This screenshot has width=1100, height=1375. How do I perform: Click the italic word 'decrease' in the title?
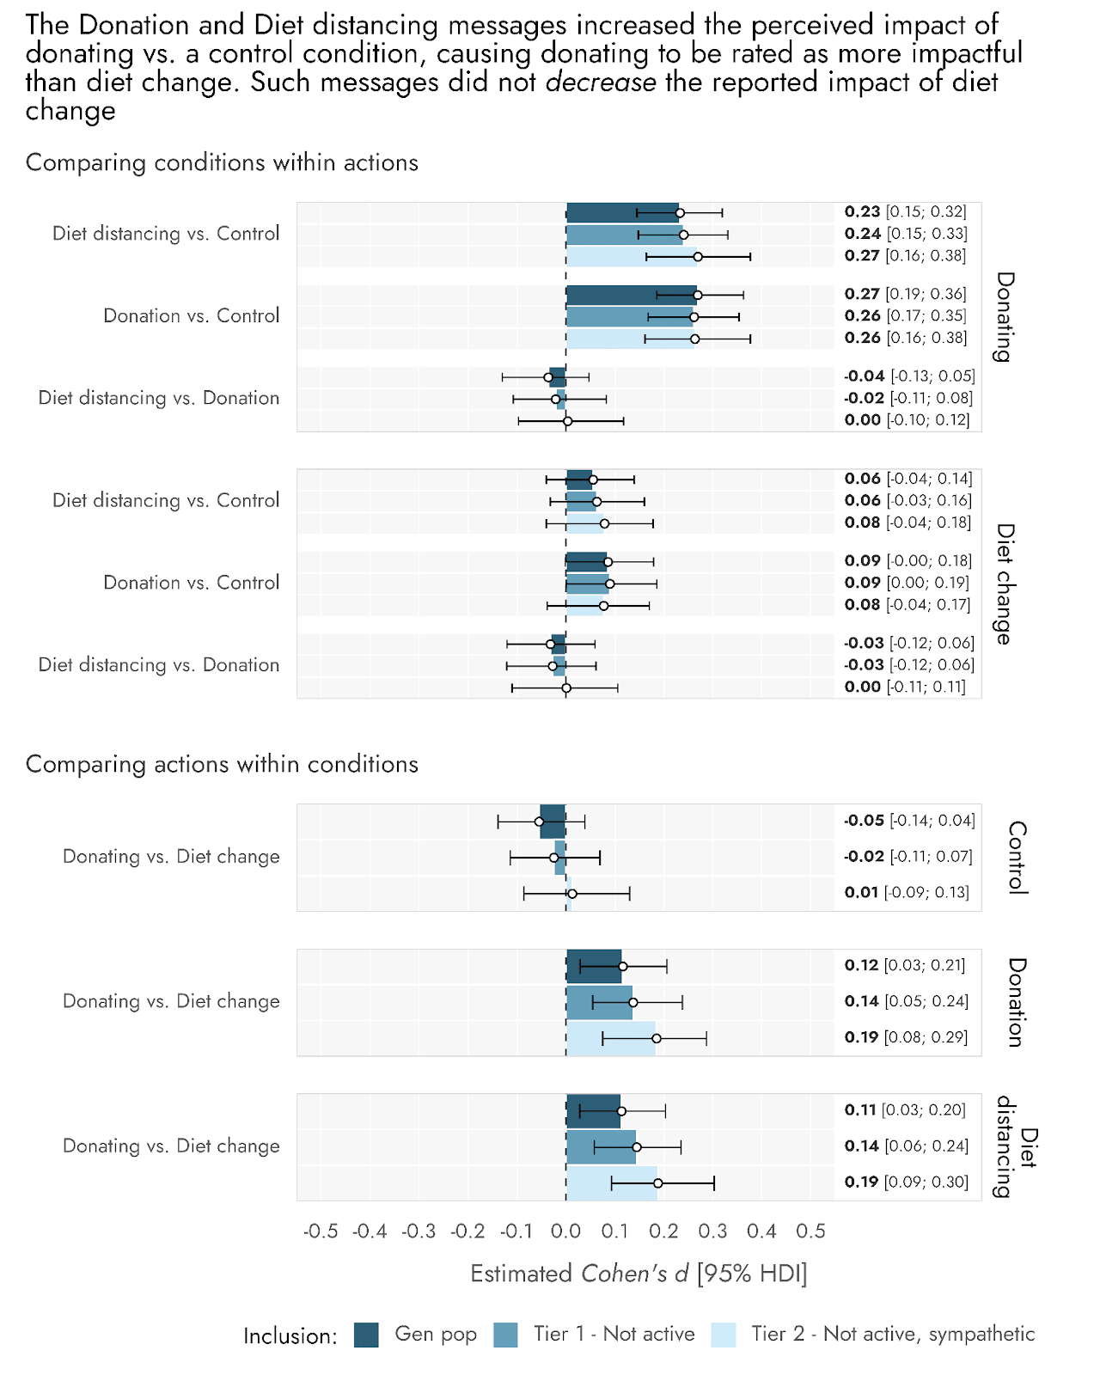pyautogui.click(x=601, y=82)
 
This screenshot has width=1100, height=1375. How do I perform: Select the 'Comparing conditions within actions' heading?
pyautogui.click(x=222, y=162)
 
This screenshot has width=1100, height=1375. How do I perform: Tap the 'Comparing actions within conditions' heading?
pyautogui.click(x=222, y=764)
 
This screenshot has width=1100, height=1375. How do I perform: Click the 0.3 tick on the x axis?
pyautogui.click(x=712, y=1231)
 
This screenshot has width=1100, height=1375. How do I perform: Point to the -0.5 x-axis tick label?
pyautogui.click(x=321, y=1231)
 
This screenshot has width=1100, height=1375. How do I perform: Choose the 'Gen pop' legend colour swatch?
pyautogui.click(x=366, y=1335)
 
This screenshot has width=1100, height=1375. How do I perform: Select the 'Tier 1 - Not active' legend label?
pyautogui.click(x=614, y=1334)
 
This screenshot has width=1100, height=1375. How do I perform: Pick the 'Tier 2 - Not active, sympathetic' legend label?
pyautogui.click(x=893, y=1334)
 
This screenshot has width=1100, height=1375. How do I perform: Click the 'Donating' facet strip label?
pyautogui.click(x=1005, y=316)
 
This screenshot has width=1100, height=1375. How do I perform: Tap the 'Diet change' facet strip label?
pyautogui.click(x=1005, y=584)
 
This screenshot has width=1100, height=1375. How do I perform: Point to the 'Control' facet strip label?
pyautogui.click(x=1017, y=858)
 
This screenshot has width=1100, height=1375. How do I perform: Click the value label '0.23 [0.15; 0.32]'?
pyautogui.click(x=905, y=211)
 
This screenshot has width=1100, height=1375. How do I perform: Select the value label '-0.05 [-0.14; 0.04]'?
pyautogui.click(x=909, y=821)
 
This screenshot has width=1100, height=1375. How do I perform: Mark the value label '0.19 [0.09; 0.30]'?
pyautogui.click(x=906, y=1182)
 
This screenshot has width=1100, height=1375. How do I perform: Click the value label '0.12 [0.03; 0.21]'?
pyautogui.click(x=904, y=965)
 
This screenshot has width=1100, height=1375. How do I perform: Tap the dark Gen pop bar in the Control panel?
pyautogui.click(x=553, y=822)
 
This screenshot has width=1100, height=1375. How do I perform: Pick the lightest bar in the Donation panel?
pyautogui.click(x=610, y=1038)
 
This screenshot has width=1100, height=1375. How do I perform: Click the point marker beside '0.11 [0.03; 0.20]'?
pyautogui.click(x=621, y=1111)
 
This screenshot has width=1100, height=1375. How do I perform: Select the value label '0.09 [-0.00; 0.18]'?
pyautogui.click(x=907, y=561)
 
